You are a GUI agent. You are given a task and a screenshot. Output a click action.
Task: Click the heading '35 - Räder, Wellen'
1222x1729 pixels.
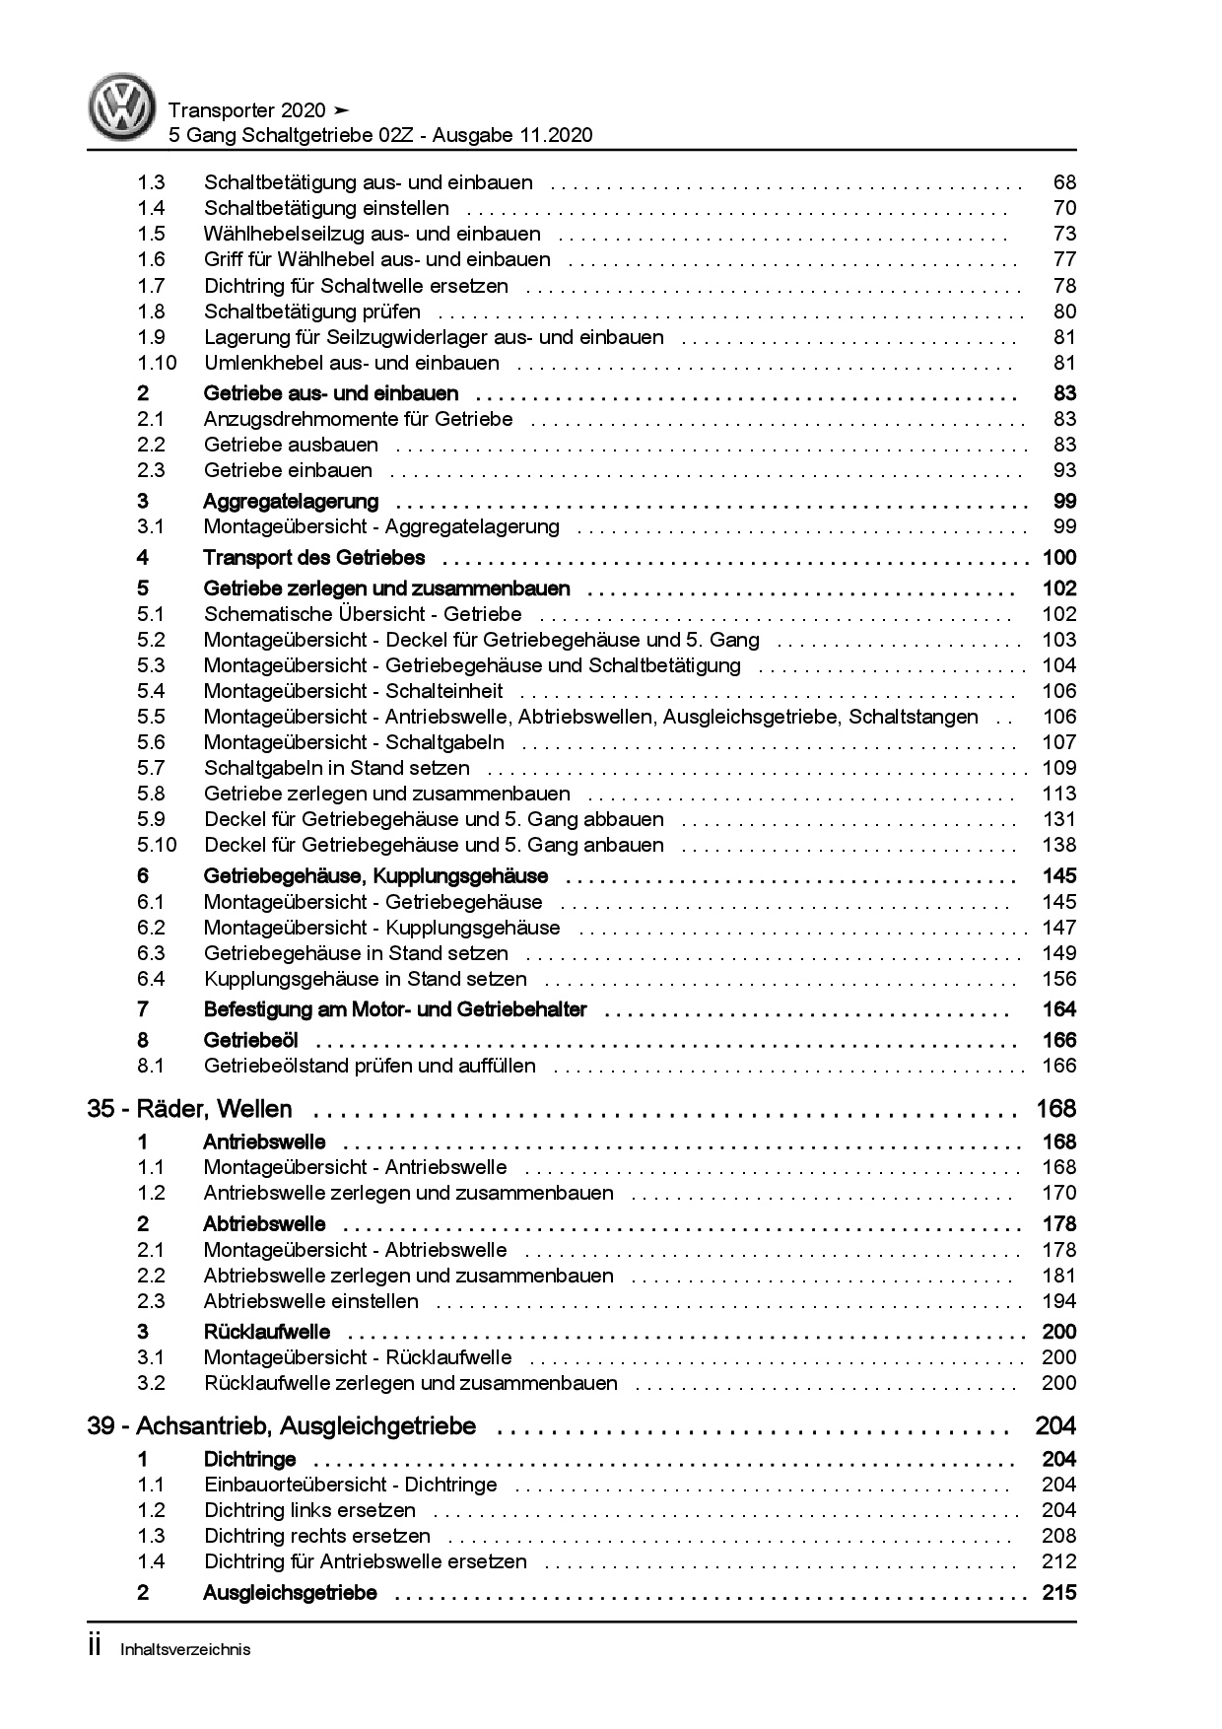click(189, 1109)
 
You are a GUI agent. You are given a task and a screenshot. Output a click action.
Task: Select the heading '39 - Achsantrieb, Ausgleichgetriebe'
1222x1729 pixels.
click(281, 1426)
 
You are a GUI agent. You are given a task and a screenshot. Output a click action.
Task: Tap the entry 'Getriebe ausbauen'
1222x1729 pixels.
click(291, 445)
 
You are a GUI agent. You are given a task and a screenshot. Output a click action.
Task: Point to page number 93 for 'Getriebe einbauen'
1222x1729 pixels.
click(1064, 470)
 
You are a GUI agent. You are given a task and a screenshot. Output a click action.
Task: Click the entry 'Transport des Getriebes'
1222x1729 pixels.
click(313, 558)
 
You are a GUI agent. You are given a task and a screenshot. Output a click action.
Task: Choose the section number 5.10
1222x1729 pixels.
click(157, 845)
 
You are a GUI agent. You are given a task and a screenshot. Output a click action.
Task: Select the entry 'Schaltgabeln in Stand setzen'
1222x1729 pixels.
click(336, 768)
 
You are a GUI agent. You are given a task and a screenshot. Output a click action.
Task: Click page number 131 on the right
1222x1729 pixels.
click(1059, 819)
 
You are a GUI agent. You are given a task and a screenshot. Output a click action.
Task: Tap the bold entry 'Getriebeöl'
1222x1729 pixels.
click(250, 1040)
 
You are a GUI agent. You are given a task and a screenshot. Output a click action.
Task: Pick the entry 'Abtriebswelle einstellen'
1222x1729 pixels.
click(310, 1301)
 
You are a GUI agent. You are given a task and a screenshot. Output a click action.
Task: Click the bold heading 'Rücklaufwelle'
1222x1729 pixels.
click(266, 1332)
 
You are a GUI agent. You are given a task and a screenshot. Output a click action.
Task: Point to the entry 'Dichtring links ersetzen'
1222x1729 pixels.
click(309, 1510)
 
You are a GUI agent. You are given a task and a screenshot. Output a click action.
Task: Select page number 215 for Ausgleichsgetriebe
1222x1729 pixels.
click(1058, 1593)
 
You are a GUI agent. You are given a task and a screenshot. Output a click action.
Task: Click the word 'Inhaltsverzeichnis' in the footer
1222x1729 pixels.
click(185, 1649)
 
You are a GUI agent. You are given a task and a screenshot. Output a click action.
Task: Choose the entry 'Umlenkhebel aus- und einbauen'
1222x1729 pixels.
click(351, 363)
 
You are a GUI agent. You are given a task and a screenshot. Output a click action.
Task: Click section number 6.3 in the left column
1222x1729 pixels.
click(151, 953)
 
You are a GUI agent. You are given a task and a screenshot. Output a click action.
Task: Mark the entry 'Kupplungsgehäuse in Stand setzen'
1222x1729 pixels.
click(365, 979)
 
